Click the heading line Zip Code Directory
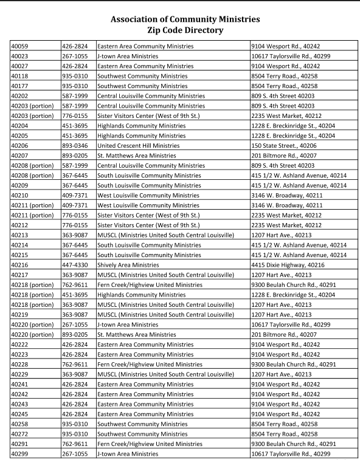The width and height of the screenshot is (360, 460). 179,29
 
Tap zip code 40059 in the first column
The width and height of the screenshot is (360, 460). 21,46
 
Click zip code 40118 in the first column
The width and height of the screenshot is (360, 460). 21,75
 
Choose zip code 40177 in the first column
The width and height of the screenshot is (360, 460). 21,86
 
